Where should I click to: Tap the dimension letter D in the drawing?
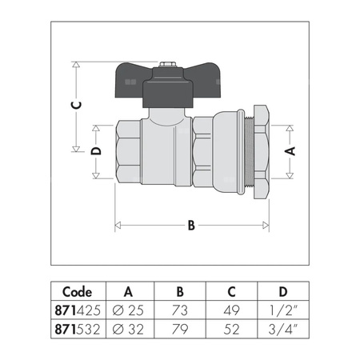[96, 151]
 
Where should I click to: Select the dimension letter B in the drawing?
[191, 226]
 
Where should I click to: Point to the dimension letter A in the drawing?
[290, 150]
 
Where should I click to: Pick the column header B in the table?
[180, 291]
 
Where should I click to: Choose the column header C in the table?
[231, 291]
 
